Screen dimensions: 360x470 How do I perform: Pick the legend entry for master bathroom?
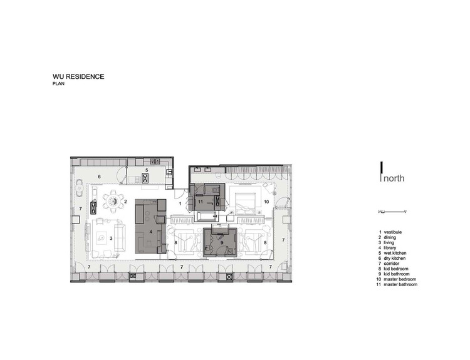(x=402, y=284)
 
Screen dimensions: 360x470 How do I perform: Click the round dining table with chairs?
(x=113, y=200)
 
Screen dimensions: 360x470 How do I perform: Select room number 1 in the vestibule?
(x=180, y=203)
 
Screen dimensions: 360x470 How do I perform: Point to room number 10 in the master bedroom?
(x=266, y=202)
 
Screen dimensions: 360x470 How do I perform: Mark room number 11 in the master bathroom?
(x=201, y=202)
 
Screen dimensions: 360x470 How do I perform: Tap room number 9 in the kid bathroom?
(x=221, y=242)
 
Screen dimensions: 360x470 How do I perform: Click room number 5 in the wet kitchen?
(x=147, y=170)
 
